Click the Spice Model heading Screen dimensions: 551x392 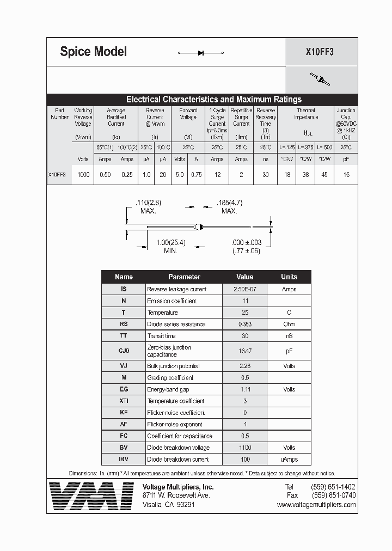(x=93, y=52)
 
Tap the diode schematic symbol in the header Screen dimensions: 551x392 (x=201, y=53)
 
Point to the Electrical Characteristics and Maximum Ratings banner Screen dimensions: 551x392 (x=213, y=99)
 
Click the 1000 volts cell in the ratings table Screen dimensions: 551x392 (x=83, y=175)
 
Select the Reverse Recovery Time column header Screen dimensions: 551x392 (x=265, y=120)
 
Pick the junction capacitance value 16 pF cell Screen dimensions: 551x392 (x=346, y=175)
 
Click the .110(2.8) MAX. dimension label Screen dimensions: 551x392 (x=148, y=206)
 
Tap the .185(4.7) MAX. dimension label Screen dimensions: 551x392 (x=229, y=206)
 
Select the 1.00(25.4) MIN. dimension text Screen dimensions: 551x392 (x=171, y=246)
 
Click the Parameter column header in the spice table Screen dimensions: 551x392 (x=184, y=277)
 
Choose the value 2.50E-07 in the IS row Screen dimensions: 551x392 (x=244, y=289)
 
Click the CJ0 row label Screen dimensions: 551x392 (x=124, y=351)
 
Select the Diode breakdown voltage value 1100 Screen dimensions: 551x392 (x=244, y=448)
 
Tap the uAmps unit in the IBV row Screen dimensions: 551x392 (x=289, y=459)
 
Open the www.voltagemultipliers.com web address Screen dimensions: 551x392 (x=316, y=505)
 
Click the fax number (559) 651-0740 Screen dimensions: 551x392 (x=333, y=495)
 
